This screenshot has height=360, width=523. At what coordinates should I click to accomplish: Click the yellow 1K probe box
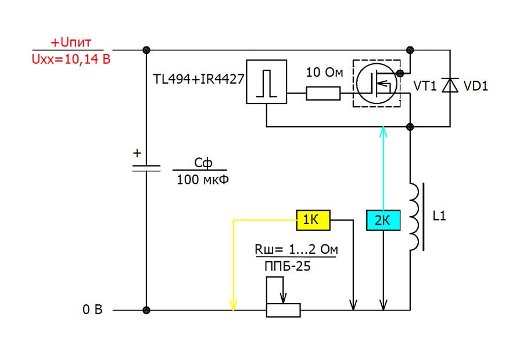[313, 220]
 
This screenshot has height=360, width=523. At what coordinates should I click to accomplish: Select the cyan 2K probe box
[384, 220]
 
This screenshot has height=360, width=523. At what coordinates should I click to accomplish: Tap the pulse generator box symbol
[266, 82]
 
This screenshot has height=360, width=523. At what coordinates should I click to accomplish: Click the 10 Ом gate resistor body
[323, 93]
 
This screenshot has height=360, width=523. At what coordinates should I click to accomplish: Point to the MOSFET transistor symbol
[377, 84]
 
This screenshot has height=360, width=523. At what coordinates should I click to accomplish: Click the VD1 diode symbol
[450, 85]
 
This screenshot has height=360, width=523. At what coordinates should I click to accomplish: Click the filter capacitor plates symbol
[146, 168]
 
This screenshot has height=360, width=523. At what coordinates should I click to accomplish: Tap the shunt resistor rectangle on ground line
[283, 310]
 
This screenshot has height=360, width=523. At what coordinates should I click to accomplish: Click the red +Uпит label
[71, 42]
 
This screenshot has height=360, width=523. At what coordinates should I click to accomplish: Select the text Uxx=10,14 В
[71, 59]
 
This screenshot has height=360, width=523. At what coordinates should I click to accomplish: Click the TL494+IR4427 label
[199, 79]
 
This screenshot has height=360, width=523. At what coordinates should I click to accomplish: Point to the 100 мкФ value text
[202, 179]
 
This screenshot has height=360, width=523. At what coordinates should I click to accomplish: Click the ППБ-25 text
[287, 266]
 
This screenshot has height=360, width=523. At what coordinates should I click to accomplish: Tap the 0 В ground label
[92, 309]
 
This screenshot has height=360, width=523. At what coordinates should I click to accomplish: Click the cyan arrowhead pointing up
[384, 132]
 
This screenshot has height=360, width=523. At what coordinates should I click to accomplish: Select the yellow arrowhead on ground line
[233, 305]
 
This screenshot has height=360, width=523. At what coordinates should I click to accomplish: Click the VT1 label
[425, 86]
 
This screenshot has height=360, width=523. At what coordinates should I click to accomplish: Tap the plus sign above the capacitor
[137, 153]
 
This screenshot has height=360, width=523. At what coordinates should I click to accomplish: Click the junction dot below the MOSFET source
[410, 127]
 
